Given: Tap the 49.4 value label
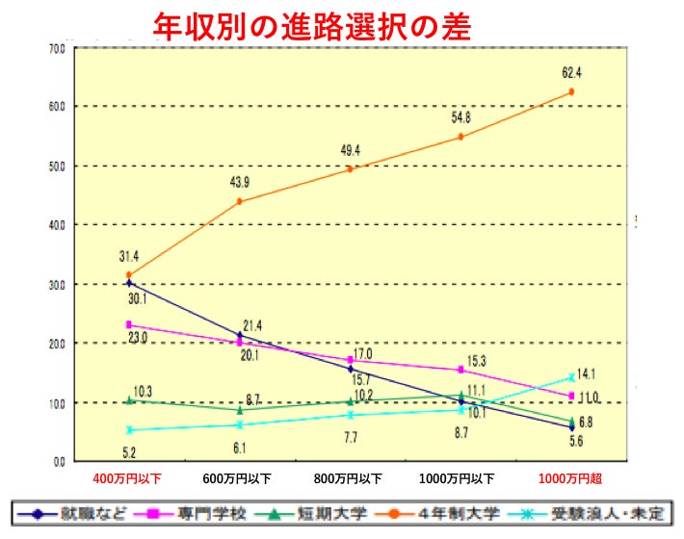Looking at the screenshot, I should point(351,149).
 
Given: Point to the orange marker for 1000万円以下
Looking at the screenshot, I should point(460,137).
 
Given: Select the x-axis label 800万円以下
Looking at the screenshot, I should point(350,478).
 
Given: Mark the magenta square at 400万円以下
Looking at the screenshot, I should point(129,325).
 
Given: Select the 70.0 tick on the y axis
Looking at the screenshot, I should point(57,47).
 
